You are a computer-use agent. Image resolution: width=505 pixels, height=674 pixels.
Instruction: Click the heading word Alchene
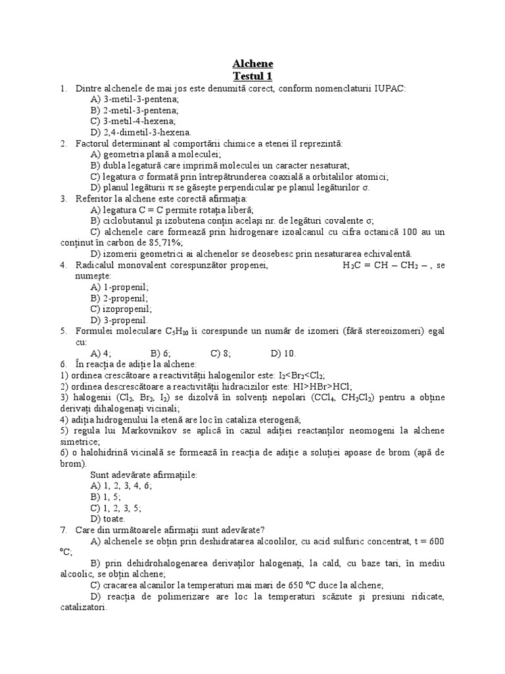tap(252, 64)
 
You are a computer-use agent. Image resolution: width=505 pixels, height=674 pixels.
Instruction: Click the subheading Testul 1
tap(252, 76)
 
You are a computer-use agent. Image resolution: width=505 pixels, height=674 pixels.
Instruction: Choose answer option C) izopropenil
tap(121, 309)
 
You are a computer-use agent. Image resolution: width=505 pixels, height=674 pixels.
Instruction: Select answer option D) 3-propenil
tap(119, 320)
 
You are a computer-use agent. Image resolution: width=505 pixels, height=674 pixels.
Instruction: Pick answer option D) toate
tap(108, 518)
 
